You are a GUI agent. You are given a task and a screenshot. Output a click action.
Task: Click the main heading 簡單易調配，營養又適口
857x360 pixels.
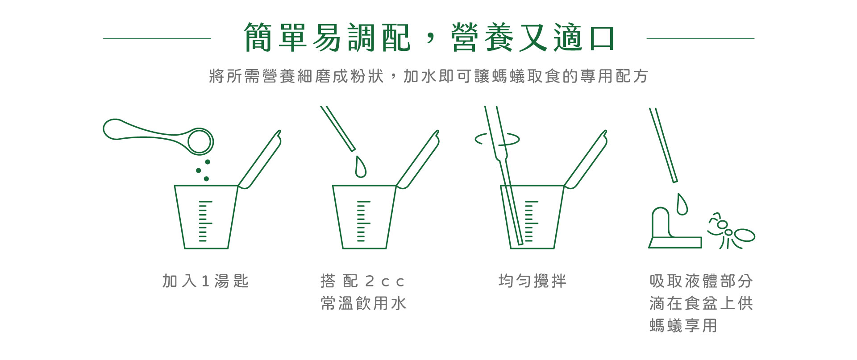pyautogui.click(x=429, y=37)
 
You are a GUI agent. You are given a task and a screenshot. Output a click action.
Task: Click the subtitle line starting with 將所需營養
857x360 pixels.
pyautogui.click(x=428, y=76)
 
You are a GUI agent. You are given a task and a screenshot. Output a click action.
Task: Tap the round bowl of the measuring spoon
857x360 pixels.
pyautogui.click(x=200, y=141)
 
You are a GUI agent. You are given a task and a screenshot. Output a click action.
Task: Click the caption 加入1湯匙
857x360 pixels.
pyautogui.click(x=205, y=281)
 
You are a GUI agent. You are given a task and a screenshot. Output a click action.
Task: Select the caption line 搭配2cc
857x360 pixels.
pyautogui.click(x=362, y=281)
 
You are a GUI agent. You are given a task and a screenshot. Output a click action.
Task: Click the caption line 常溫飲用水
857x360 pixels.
pyautogui.click(x=363, y=303)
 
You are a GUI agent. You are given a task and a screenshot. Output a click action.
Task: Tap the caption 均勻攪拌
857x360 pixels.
pyautogui.click(x=532, y=281)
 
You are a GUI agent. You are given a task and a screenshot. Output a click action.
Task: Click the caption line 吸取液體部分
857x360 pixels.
pyautogui.click(x=701, y=281)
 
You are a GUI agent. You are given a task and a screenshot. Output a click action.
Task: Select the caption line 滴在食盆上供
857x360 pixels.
pyautogui.click(x=701, y=303)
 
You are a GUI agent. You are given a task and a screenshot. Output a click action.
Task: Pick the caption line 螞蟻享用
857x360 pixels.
pyautogui.click(x=683, y=326)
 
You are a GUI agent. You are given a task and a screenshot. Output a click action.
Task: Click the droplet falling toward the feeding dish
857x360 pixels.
pyautogui.click(x=682, y=204)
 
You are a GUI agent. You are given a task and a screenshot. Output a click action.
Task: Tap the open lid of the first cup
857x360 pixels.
pyautogui.click(x=260, y=159)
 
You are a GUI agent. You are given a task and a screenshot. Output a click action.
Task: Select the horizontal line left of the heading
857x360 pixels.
pyautogui.click(x=157, y=39)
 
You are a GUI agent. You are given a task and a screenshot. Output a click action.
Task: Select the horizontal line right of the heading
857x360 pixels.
pyautogui.click(x=700, y=39)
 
